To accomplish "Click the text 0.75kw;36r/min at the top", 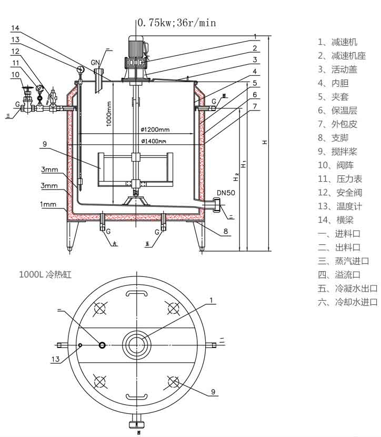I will tap(177, 23).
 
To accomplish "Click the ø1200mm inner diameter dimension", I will tap(155, 130).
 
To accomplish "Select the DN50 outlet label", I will tap(225, 193).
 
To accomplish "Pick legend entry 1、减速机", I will tap(337, 42).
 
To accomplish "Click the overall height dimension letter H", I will tap(265, 142).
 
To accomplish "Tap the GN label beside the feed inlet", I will tap(95, 63).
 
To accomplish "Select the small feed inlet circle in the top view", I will tap(103, 345).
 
